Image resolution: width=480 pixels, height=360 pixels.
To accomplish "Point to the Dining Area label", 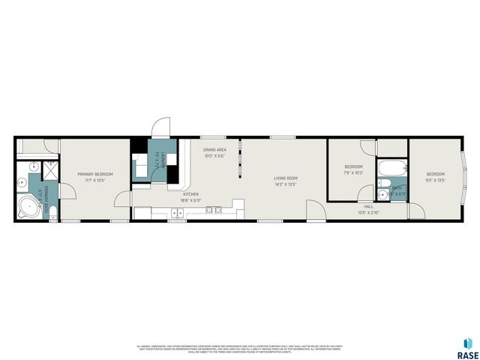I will coord(214,150).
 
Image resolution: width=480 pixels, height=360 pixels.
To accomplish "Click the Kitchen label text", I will coord(191,194).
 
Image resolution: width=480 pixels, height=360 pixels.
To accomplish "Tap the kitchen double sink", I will coord(178,212).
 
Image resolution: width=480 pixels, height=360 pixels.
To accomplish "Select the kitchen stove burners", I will coord(213,208).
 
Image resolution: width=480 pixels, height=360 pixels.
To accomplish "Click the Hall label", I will coord(368,206).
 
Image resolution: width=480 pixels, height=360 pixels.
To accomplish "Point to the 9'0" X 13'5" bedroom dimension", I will coord(436,180).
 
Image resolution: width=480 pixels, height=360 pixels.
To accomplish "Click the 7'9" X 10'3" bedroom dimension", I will coord(353,173).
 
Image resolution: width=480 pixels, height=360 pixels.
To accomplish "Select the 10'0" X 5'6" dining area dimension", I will coord(214,156).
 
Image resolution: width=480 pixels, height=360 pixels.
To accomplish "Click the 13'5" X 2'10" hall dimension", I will coord(368,212).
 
